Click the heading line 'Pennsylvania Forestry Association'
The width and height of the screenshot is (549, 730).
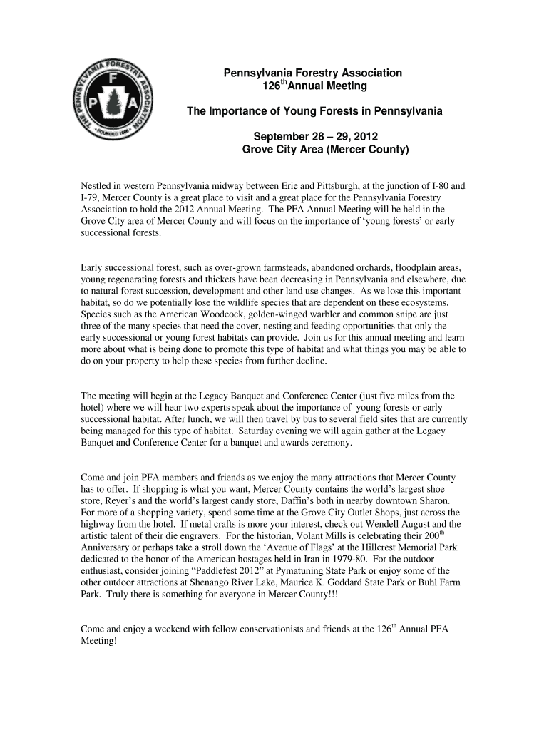[x=314, y=73]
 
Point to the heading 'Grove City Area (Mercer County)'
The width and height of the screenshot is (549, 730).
[x=325, y=150]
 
